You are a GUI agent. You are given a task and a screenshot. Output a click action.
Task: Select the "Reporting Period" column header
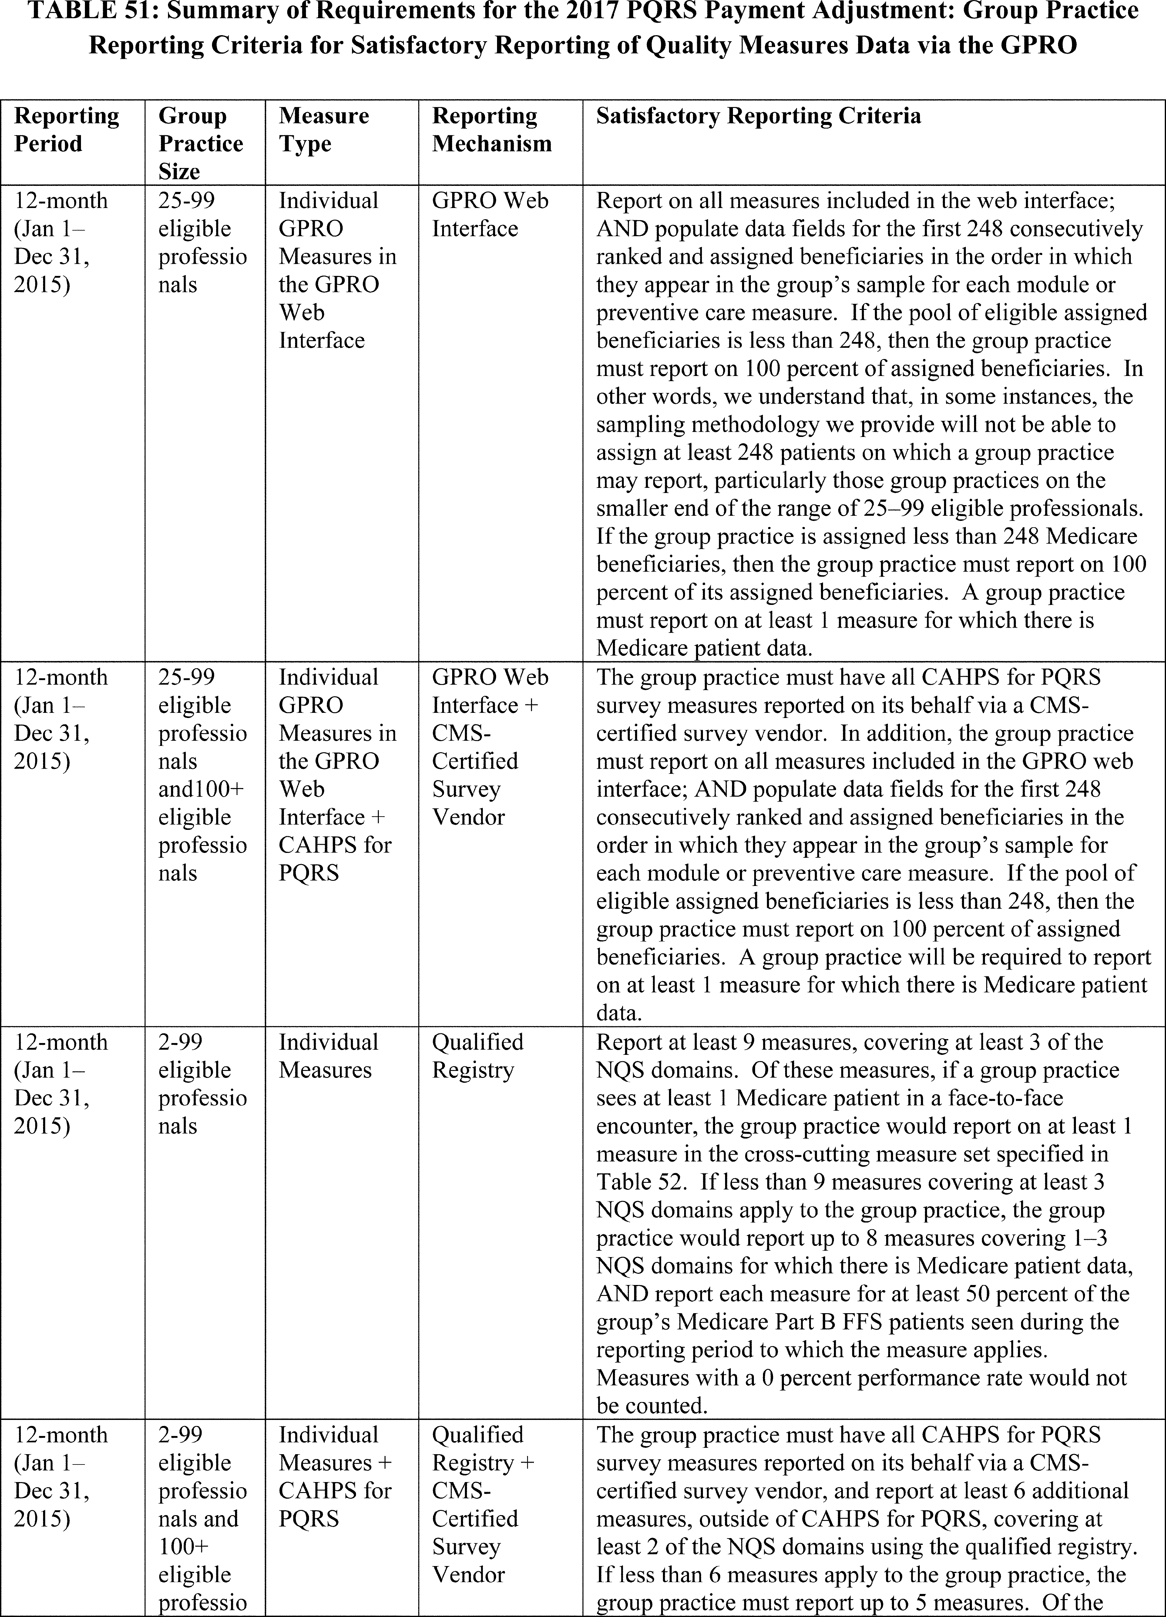67,130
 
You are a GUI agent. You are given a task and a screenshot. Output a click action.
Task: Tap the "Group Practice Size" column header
200,143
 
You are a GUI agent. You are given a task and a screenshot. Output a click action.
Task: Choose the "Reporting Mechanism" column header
491,130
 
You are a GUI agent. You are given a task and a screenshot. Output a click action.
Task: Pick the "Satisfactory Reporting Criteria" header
758,116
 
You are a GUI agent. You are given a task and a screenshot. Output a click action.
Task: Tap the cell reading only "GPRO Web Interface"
490,214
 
